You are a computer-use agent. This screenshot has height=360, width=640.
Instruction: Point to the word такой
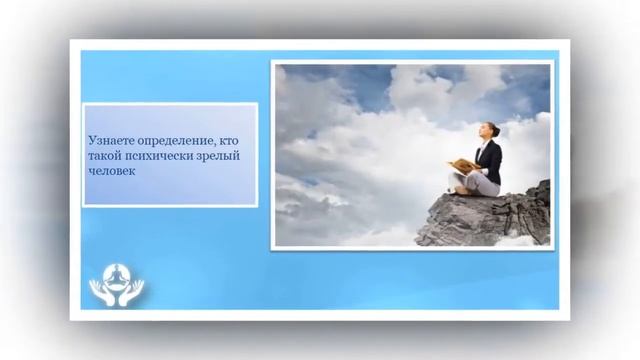pyautogui.click(x=103, y=157)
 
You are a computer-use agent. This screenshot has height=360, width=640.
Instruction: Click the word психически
pyautogui.click(x=157, y=157)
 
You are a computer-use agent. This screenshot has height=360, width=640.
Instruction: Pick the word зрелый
pyautogui.click(x=222, y=157)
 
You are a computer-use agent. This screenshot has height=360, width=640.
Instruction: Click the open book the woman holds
pyautogui.click(x=463, y=165)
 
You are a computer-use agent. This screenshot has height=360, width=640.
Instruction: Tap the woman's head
pyautogui.click(x=490, y=131)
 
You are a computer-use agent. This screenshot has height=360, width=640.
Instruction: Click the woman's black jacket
pyautogui.click(x=490, y=159)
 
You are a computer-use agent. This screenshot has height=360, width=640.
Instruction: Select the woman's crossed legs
pyautogui.click(x=474, y=183)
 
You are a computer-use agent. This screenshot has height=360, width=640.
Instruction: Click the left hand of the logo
pyautogui.click(x=99, y=291)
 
